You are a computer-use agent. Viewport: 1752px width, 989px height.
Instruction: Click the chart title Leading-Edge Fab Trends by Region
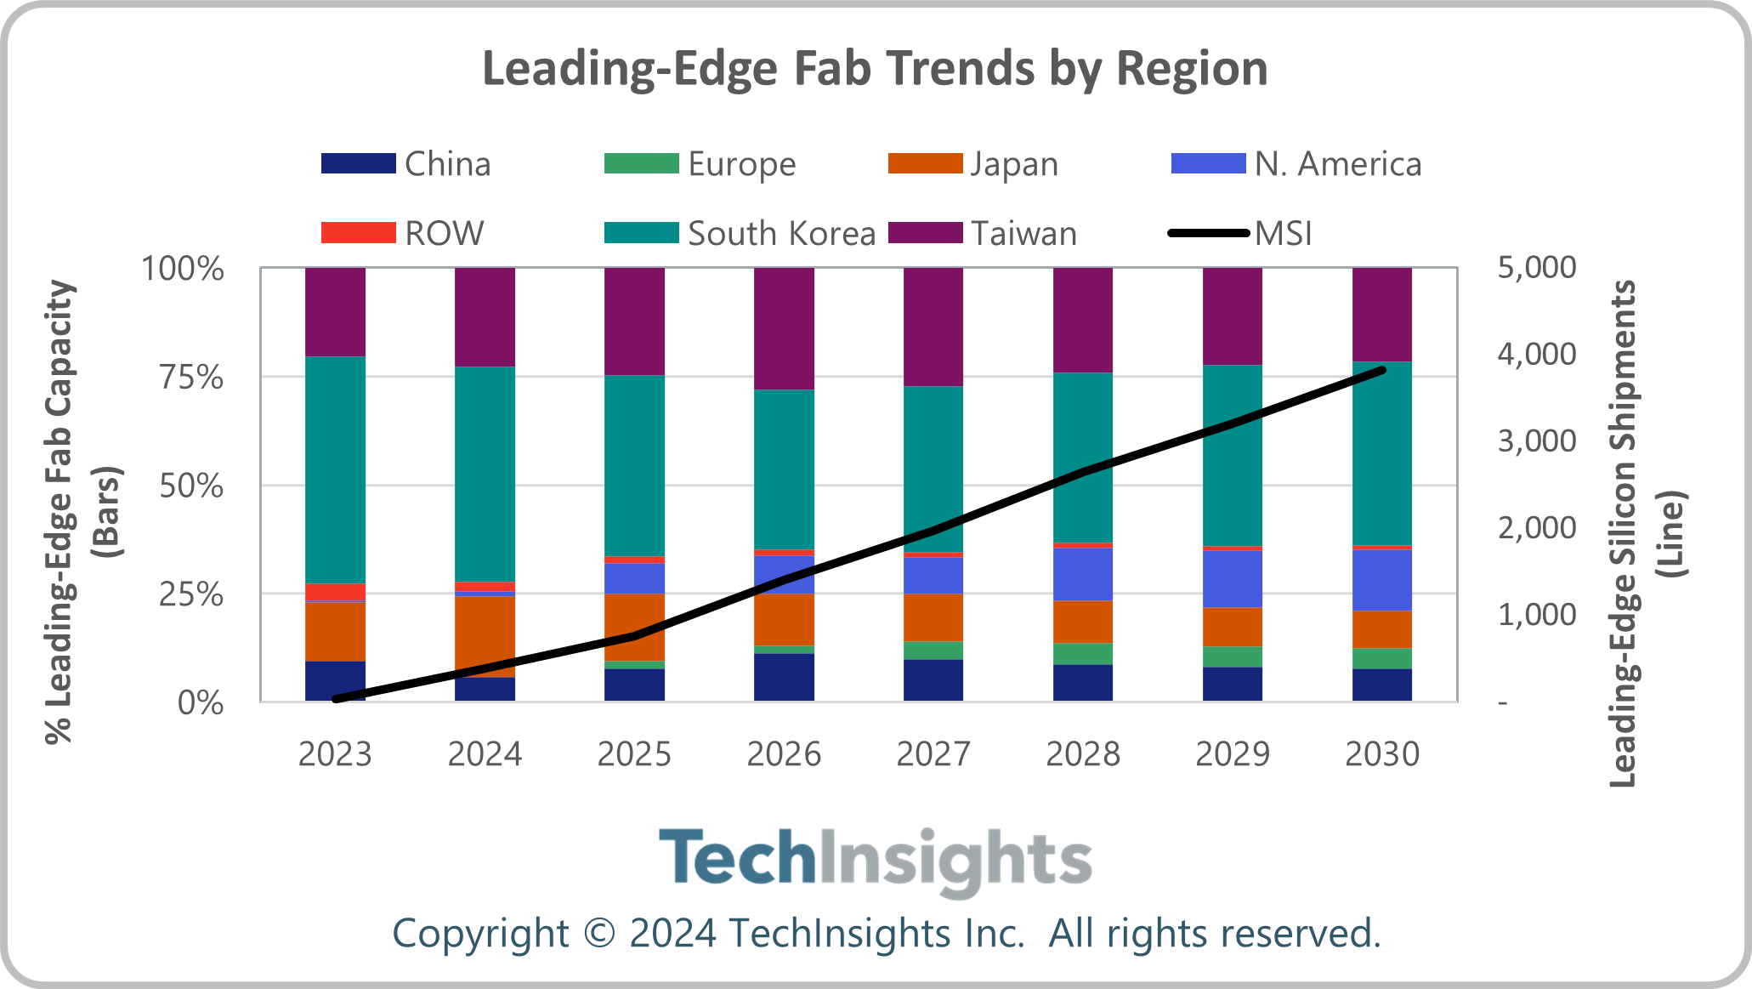pos(875,68)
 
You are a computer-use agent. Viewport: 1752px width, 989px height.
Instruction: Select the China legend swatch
pos(358,163)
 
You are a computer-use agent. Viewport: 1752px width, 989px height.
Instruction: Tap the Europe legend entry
pos(700,163)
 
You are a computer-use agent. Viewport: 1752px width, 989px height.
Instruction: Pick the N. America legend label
pos(1337,163)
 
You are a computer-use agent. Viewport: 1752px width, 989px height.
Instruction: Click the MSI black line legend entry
pos(1240,233)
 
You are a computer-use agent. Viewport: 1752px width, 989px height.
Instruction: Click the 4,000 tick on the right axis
pos(1536,354)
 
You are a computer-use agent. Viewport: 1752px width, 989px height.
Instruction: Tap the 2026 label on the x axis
pos(783,754)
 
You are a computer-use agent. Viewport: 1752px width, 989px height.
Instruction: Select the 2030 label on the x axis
pos(1381,754)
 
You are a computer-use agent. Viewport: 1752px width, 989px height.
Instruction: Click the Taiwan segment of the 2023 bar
pos(335,311)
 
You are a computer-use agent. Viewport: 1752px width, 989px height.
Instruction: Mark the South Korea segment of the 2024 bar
pos(485,474)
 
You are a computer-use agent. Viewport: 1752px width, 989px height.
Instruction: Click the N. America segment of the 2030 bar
pos(1381,580)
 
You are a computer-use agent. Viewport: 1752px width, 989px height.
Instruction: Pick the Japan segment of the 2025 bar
pos(634,627)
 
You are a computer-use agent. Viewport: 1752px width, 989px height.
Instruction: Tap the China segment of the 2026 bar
pos(783,677)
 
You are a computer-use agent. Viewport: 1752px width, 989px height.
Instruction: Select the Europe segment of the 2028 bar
pos(1082,653)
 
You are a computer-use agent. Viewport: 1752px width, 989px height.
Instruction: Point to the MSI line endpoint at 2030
pos(1382,370)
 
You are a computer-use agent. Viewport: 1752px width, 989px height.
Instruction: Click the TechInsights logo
pos(875,859)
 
